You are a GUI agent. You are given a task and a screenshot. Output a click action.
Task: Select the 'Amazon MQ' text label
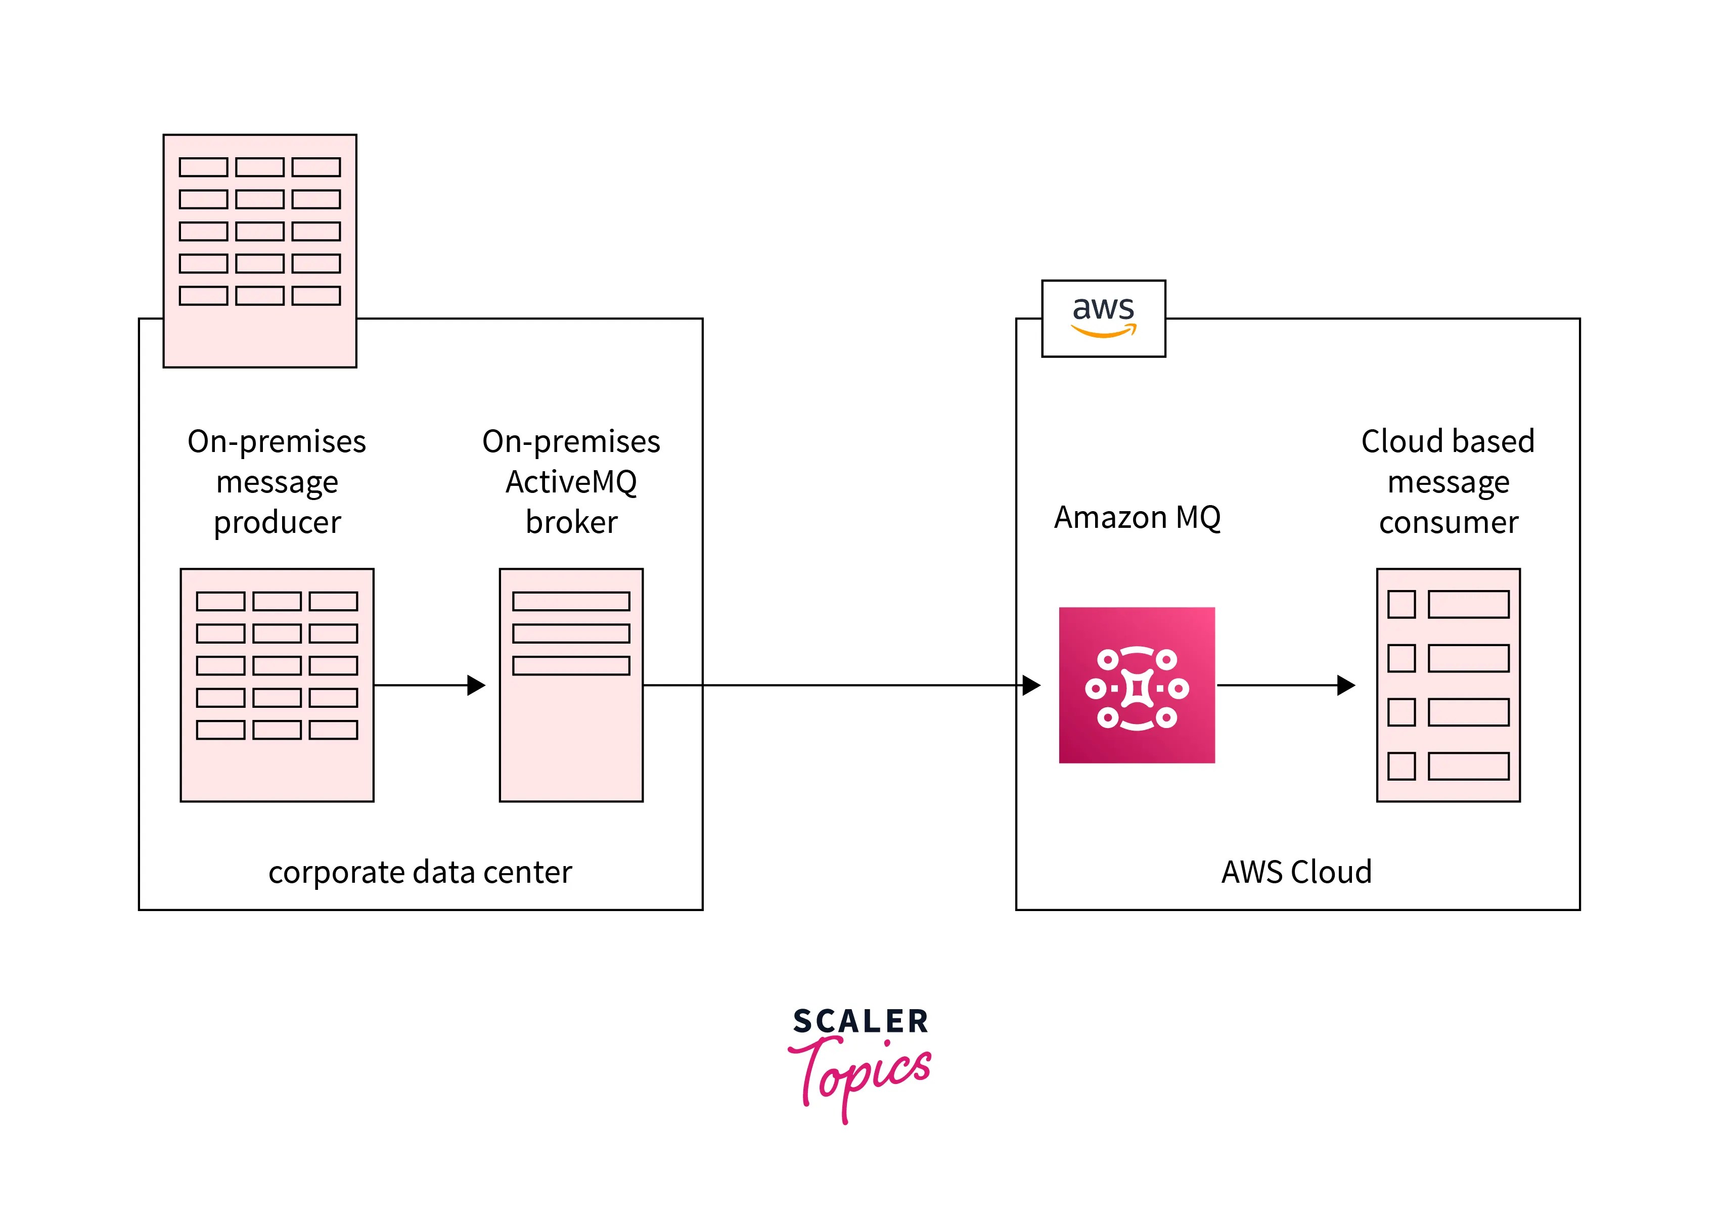click(1136, 518)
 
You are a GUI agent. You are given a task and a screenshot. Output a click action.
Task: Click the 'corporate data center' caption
click(420, 872)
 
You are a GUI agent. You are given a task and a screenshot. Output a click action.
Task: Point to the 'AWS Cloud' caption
click(1296, 872)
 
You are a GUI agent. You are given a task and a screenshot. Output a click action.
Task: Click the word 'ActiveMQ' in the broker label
click(571, 482)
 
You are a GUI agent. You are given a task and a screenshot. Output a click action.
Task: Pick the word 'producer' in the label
click(277, 523)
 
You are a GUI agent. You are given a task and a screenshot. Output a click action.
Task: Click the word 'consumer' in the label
click(1448, 523)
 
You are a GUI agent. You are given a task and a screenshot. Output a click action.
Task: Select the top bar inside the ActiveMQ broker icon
click(571, 601)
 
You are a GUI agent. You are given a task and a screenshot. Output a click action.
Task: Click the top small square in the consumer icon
click(1401, 604)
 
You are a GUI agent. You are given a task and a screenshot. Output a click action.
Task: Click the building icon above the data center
click(259, 251)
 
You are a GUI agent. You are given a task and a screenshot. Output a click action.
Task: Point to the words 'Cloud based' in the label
click(1447, 442)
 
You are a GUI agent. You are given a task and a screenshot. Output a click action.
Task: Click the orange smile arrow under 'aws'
click(1104, 331)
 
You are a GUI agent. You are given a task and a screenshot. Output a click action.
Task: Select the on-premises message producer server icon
click(277, 685)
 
